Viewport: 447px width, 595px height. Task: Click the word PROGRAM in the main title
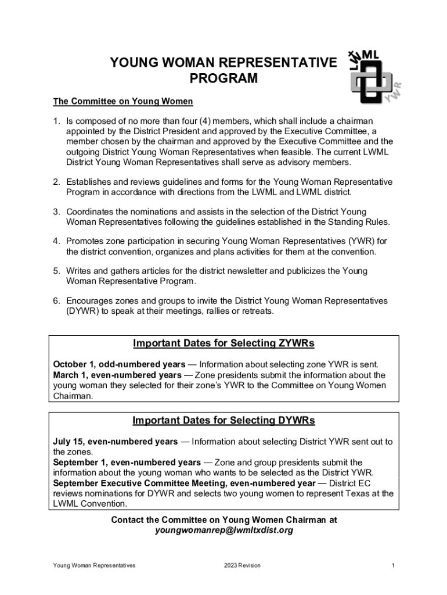pyautogui.click(x=223, y=78)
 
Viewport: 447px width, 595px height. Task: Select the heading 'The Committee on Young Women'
pyautogui.click(x=123, y=102)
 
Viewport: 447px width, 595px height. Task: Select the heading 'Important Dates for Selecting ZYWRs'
pyautogui.click(x=223, y=343)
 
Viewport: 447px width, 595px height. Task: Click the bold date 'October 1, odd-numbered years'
pyautogui.click(x=120, y=365)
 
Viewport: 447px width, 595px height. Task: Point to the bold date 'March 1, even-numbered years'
pyautogui.click(x=117, y=375)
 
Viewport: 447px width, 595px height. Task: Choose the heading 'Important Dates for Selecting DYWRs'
pyautogui.click(x=223, y=421)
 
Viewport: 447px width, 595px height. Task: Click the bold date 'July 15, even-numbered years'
pyautogui.click(x=116, y=442)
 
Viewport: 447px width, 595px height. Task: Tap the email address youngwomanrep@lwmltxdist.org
pyautogui.click(x=223, y=531)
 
